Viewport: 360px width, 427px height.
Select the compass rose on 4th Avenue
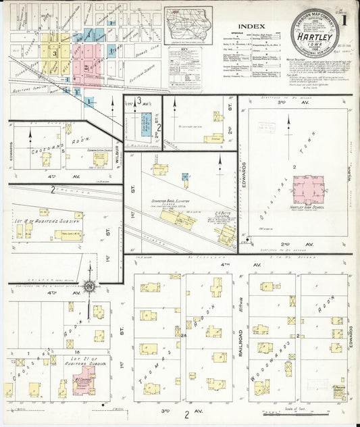[x=90, y=286]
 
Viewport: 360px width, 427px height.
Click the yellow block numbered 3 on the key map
[x=53, y=52]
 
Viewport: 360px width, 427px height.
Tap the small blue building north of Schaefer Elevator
[x=184, y=177]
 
